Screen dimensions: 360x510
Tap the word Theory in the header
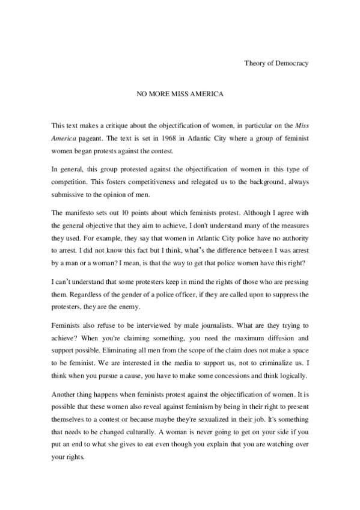coord(255,63)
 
